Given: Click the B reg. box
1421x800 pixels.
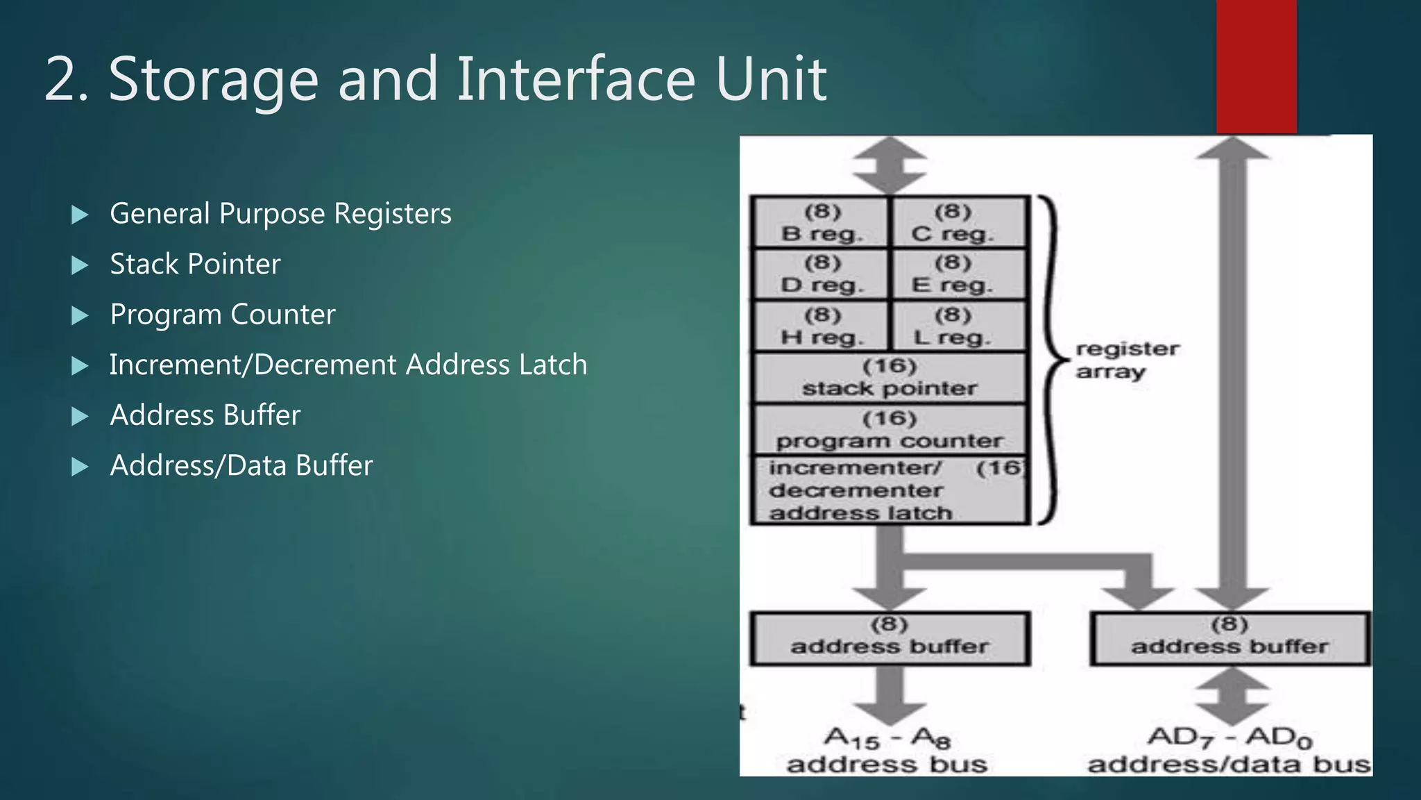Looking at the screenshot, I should click(x=821, y=223).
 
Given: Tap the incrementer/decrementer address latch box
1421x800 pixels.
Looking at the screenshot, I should click(x=890, y=490).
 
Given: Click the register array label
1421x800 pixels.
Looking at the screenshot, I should click(x=1126, y=360).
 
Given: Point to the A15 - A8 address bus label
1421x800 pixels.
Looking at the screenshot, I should click(x=887, y=750).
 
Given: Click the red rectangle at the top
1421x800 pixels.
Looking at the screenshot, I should click(x=1256, y=66).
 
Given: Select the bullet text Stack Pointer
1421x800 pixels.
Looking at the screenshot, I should click(x=195, y=265).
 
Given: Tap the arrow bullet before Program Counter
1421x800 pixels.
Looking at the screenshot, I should click(x=80, y=316).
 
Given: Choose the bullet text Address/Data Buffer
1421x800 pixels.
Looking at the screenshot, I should click(x=241, y=466).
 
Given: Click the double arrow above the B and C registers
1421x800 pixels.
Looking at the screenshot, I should click(x=890, y=165).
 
